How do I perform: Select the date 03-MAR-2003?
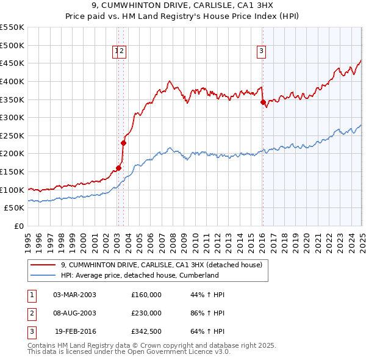click(x=74, y=295)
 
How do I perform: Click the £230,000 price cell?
click(x=146, y=313)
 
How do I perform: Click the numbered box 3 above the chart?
click(x=261, y=51)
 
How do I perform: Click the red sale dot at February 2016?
click(x=263, y=102)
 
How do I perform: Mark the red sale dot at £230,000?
click(x=123, y=143)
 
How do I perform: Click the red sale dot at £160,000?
click(x=118, y=168)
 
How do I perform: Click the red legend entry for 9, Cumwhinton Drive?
click(x=161, y=265)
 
